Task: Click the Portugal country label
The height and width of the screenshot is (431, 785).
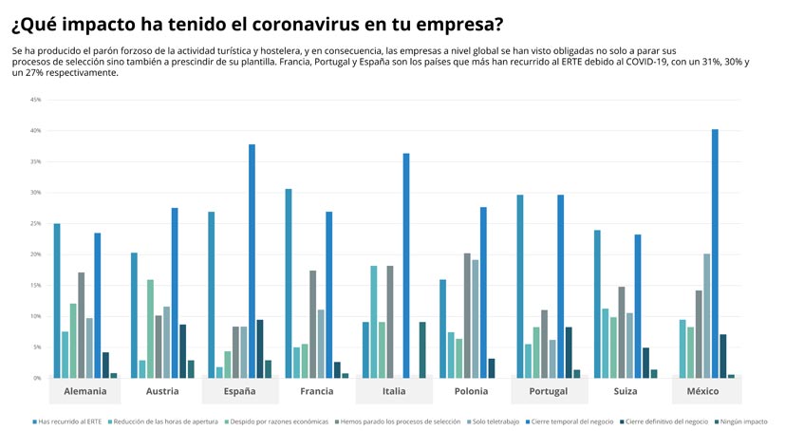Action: click(549, 391)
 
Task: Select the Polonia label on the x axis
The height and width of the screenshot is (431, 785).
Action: click(472, 391)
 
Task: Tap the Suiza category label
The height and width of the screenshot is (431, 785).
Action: click(626, 391)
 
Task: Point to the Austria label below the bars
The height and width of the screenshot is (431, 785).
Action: click(162, 391)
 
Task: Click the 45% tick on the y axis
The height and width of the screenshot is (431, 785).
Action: click(35, 100)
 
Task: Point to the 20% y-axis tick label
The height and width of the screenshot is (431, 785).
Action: click(35, 254)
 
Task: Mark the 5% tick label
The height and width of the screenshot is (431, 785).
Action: click(36, 347)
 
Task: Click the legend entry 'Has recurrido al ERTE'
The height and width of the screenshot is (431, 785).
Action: click(69, 421)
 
